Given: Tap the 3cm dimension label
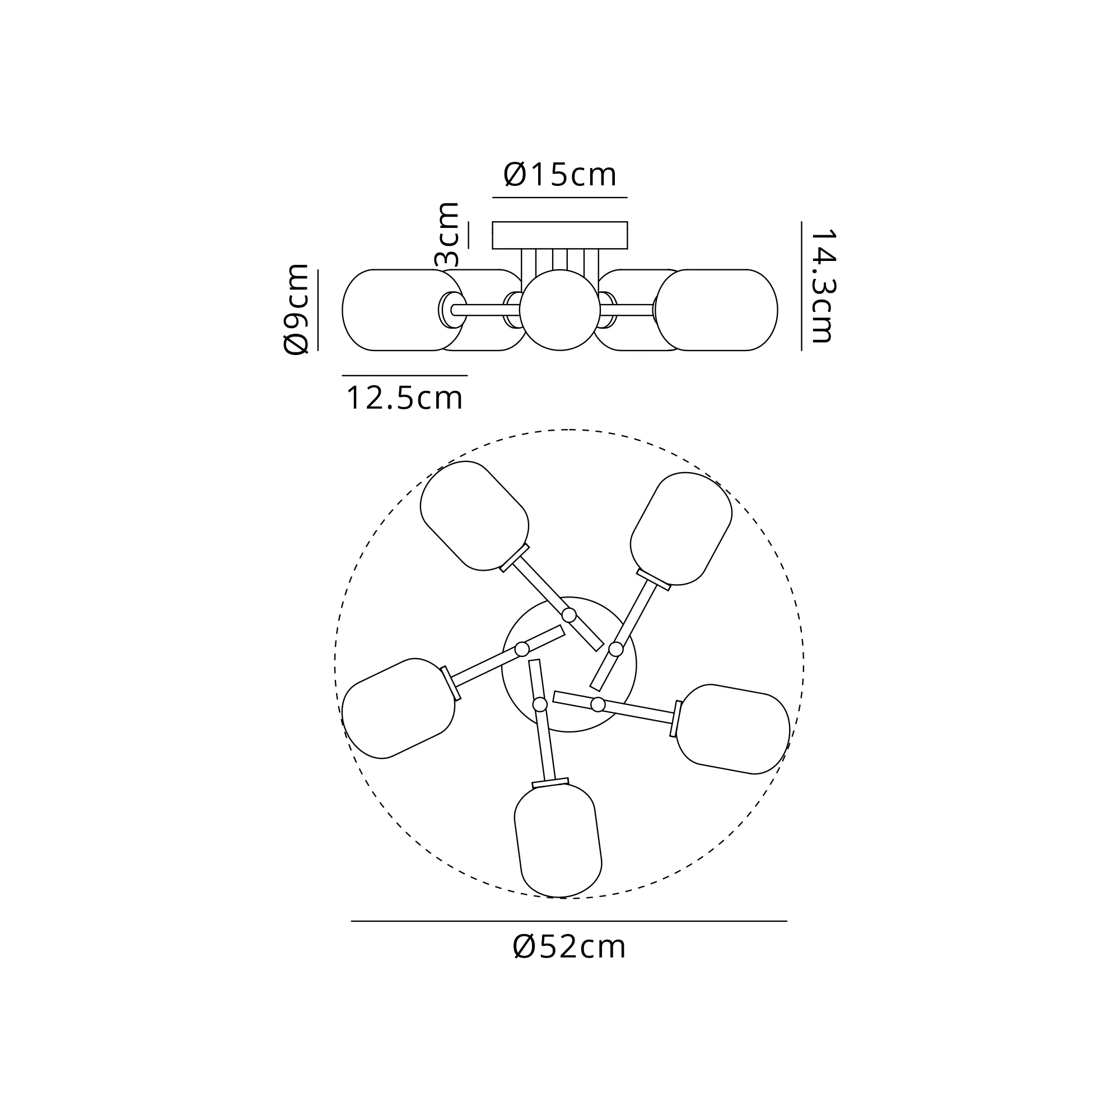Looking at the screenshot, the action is pos(447,234).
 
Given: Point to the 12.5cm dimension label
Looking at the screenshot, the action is pos(404,398).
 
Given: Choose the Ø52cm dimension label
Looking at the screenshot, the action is pos(570,948).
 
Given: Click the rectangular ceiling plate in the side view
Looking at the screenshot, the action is pos(560,235).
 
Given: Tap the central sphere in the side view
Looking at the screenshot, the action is pos(559,310).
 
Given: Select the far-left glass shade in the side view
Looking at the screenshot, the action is pos(403,310).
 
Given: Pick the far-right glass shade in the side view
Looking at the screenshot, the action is pos(717,310).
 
